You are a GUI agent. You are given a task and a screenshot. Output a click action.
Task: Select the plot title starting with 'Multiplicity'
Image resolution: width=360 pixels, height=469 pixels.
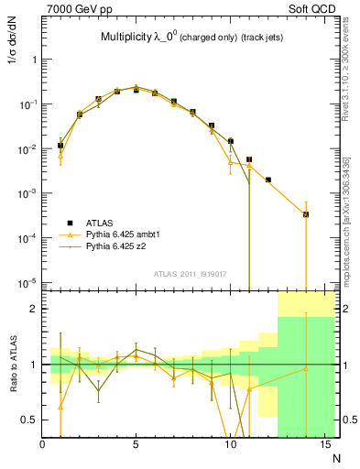coord(192,38)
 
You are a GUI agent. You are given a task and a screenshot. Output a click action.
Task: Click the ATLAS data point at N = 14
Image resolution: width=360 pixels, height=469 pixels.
coord(305,214)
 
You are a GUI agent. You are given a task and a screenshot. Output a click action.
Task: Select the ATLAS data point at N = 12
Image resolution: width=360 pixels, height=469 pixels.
coord(267,180)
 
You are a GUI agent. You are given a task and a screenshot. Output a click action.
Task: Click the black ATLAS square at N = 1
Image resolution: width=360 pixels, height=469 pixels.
coord(60,145)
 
